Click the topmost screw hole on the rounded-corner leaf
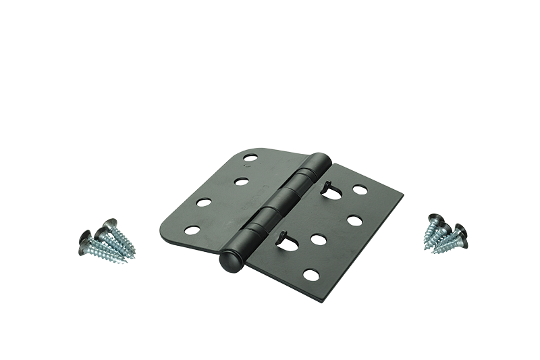click(x=250, y=157)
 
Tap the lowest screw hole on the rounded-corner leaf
click(x=192, y=230)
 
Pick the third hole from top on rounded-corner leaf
click(x=204, y=202)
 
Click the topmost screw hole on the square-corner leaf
click(x=360, y=190)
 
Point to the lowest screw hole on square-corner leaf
click(x=311, y=274)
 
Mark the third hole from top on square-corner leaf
click(x=319, y=239)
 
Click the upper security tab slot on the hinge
click(x=330, y=192)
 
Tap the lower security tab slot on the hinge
click(x=286, y=242)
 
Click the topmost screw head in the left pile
click(x=109, y=223)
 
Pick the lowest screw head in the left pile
click(x=84, y=250)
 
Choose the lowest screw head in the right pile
click(x=462, y=242)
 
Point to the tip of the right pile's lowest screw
click(x=433, y=252)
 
